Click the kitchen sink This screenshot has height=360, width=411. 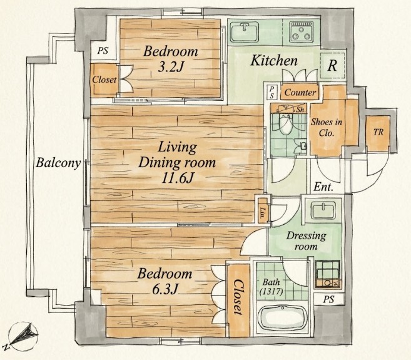point(245,32)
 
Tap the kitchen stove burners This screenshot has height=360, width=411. point(302,32)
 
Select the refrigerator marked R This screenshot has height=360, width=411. point(332,65)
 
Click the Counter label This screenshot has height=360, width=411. point(300,93)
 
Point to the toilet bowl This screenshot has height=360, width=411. point(285,123)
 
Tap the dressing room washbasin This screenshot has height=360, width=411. point(323,210)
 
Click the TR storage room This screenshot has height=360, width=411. point(378,133)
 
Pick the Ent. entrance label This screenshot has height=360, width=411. point(323,187)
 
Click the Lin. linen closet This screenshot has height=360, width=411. point(263,211)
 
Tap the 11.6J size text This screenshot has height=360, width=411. point(178,178)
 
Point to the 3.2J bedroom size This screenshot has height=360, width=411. point(170,66)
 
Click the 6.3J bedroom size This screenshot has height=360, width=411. point(165,289)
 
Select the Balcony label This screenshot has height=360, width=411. point(58,163)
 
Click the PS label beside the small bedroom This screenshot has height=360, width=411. point(103,50)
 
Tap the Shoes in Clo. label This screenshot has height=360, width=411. point(327,128)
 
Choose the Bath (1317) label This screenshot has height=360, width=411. point(271,287)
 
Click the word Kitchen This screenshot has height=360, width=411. point(274,61)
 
